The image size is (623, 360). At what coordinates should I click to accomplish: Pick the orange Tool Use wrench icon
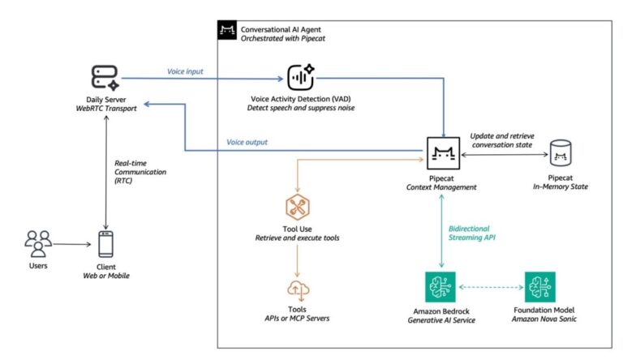(299, 208)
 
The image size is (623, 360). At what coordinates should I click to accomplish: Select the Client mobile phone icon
(105, 244)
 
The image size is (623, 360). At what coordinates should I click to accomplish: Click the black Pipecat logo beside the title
(226, 31)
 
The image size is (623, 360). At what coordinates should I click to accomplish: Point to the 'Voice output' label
(248, 143)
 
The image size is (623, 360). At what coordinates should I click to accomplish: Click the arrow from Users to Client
(71, 244)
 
